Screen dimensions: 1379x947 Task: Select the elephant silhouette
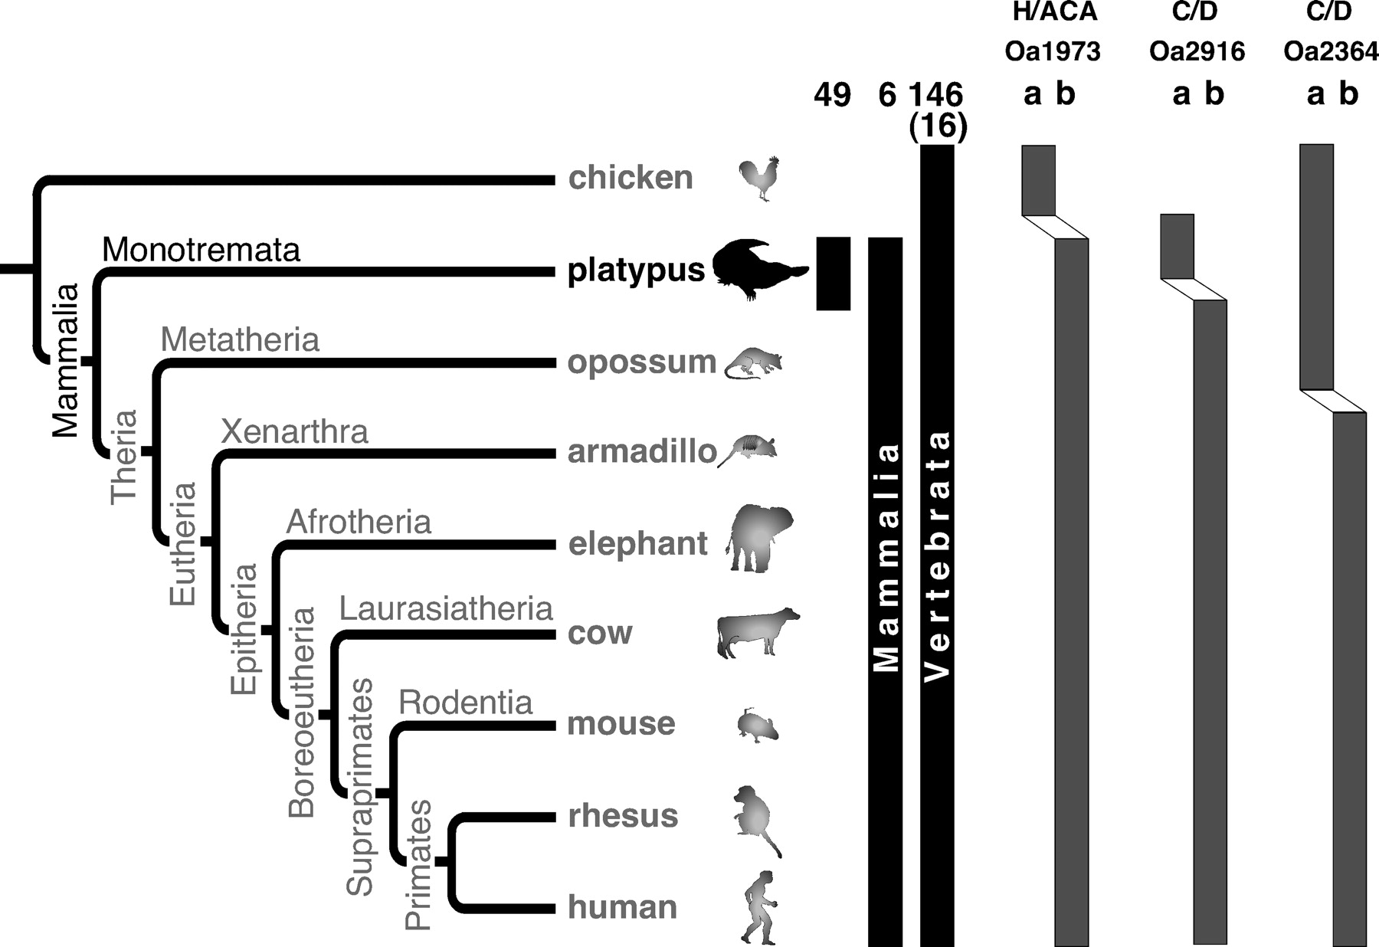[759, 539]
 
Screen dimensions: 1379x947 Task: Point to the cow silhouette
[758, 633]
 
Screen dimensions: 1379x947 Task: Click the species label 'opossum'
[641, 362]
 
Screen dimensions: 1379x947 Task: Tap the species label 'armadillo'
[642, 452]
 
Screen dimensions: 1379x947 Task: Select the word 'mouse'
[621, 724]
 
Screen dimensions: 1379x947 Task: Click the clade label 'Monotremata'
[201, 250]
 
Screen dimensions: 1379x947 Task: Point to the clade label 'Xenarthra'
[294, 432]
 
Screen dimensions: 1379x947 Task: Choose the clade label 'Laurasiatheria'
[446, 609]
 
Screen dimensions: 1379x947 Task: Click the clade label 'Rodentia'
[466, 703]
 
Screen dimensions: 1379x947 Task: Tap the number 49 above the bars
[832, 95]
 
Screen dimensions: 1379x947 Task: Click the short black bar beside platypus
[834, 274]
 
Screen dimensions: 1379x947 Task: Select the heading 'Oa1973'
[1053, 51]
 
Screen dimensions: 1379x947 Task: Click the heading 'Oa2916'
[1197, 51]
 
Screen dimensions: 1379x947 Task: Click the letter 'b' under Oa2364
[1348, 93]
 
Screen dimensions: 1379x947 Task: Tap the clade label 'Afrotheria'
[359, 522]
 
